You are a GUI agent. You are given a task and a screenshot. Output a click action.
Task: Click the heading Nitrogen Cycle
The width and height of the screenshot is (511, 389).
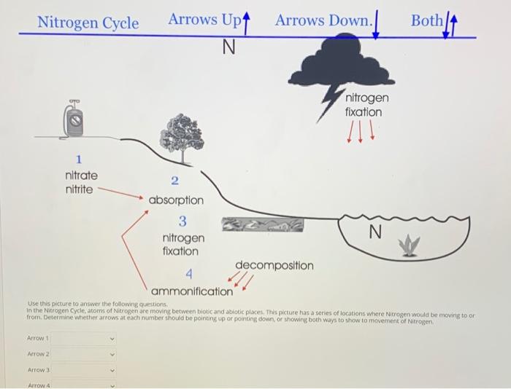(88, 23)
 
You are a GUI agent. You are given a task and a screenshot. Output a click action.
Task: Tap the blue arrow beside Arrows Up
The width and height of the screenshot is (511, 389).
(247, 23)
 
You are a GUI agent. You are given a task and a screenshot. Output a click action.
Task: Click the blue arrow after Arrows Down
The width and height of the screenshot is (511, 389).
(376, 24)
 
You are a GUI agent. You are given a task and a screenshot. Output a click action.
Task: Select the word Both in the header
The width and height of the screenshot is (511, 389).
(426, 20)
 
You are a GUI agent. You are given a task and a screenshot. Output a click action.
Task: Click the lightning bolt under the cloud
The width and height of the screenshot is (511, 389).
(328, 103)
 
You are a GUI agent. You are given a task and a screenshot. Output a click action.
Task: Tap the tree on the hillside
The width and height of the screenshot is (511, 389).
(182, 138)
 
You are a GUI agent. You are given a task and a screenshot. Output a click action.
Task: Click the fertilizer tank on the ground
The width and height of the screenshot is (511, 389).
(74, 119)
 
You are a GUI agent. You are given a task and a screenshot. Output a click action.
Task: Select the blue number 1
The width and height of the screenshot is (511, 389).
(79, 160)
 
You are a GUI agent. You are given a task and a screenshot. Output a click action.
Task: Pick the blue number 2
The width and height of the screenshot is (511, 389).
(174, 181)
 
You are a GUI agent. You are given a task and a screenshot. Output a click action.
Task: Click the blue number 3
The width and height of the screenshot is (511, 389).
(182, 221)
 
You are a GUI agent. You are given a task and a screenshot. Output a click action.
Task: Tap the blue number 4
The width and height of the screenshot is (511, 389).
(189, 274)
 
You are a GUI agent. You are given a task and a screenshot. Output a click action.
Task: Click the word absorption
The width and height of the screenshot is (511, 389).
(176, 200)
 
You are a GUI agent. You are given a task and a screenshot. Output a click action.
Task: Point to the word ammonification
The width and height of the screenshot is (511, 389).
(192, 291)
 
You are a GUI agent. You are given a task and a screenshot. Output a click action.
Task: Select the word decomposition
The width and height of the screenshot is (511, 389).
(274, 265)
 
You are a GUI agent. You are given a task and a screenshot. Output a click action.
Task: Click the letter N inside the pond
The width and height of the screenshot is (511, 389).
(375, 232)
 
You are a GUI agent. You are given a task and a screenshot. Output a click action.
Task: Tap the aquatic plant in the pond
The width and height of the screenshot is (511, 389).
(409, 245)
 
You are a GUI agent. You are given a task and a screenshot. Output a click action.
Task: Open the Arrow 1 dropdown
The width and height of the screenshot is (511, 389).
(83, 339)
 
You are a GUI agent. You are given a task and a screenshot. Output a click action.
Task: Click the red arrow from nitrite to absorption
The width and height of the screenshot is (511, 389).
(120, 192)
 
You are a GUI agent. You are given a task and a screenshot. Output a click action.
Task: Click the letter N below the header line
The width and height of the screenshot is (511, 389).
(228, 47)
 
